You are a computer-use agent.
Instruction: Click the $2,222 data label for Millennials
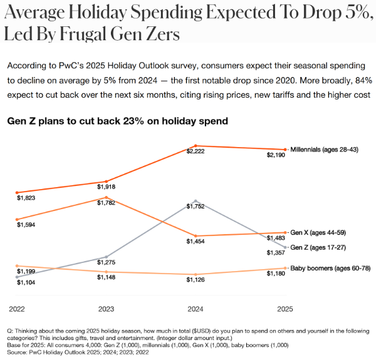pos(195,152)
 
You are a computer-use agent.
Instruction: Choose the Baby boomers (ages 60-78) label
pos(329,268)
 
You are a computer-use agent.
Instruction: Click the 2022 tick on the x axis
pos(17,309)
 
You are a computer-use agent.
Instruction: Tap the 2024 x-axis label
pos(195,309)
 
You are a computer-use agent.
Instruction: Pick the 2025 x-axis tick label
pos(284,309)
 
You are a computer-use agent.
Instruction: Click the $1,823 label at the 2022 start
pos(26,198)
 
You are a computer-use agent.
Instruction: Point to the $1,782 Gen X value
pos(106,202)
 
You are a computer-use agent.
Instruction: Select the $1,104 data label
pos(26,283)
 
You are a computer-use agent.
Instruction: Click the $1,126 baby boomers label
pos(196,280)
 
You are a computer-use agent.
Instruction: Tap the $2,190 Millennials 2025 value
pos(276,155)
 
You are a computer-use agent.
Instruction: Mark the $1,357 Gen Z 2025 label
pos(276,253)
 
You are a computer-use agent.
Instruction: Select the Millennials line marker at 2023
pos(107,182)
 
